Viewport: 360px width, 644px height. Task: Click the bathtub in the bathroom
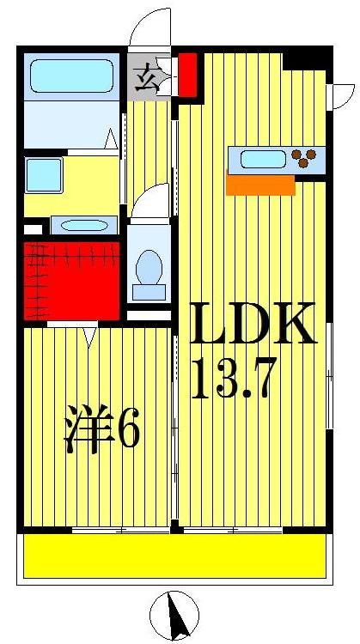[71, 76]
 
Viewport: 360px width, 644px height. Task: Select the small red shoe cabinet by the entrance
[187, 75]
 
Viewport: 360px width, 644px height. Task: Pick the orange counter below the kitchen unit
[259, 185]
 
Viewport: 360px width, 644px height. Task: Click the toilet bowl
[149, 269]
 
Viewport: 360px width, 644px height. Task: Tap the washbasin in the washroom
[82, 226]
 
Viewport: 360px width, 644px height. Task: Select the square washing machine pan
[43, 175]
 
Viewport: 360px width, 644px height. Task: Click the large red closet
[70, 281]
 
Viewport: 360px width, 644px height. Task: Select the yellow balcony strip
[174, 556]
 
